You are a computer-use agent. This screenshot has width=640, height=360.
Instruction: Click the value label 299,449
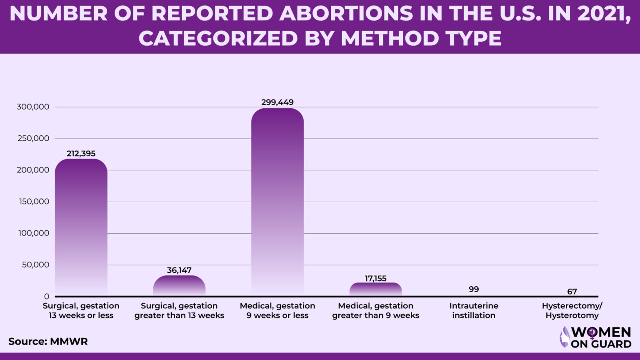(277, 102)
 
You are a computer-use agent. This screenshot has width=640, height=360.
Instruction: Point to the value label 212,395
(81, 154)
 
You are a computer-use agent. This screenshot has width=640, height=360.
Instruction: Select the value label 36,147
(179, 270)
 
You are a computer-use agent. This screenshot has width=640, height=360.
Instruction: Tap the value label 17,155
(375, 278)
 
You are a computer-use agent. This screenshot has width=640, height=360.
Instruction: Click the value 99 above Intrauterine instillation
(474, 289)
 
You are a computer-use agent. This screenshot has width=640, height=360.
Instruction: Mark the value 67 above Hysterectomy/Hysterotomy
(572, 292)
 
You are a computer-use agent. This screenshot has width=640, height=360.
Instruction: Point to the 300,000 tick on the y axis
(33, 107)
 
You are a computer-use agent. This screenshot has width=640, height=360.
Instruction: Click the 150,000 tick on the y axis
(33, 202)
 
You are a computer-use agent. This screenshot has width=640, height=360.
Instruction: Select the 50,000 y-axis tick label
(35, 265)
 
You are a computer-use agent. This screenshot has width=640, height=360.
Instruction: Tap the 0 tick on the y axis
(47, 296)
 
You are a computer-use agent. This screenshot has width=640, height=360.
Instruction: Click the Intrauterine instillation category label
(474, 310)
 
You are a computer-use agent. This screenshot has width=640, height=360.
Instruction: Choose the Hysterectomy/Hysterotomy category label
(572, 310)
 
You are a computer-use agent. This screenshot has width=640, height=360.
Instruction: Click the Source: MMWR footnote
(48, 342)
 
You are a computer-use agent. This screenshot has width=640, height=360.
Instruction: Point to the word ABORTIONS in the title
(346, 13)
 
